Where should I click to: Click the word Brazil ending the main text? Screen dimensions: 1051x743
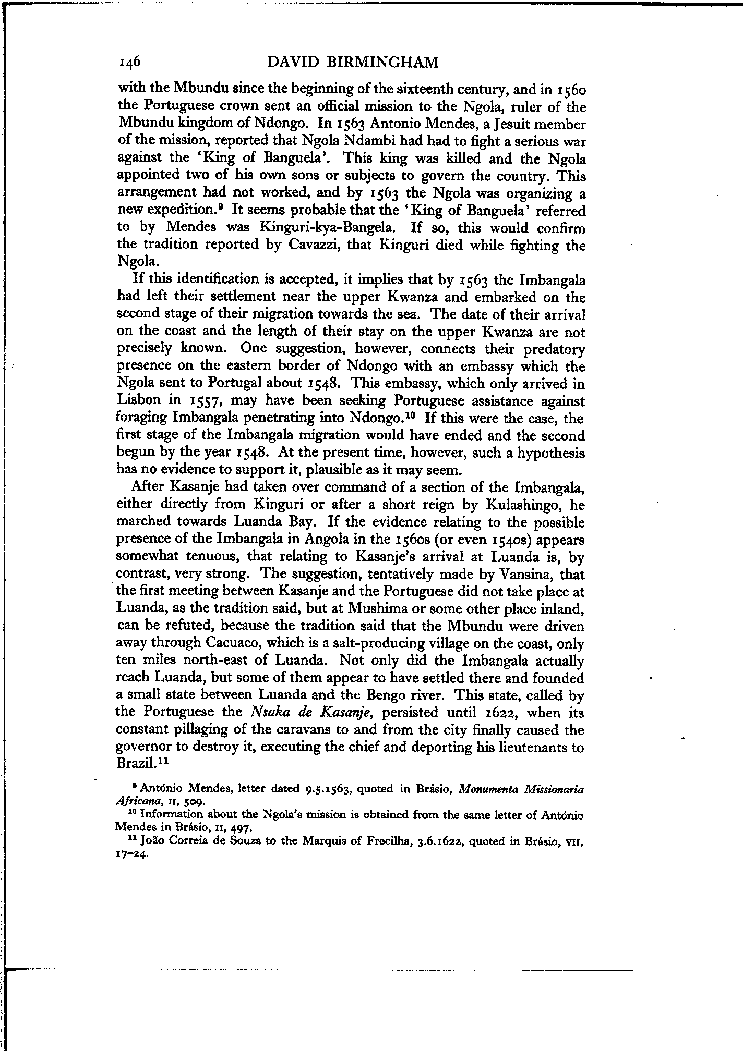pos(137,764)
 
